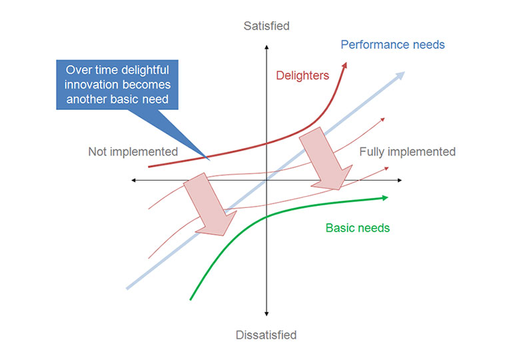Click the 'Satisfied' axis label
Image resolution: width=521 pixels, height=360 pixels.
tap(266, 26)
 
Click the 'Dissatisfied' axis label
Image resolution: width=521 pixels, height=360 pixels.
tap(266, 335)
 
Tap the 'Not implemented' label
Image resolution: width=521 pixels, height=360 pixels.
tap(133, 151)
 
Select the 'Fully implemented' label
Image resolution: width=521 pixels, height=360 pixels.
tap(407, 151)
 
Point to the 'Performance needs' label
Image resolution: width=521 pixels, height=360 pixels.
tap(392, 45)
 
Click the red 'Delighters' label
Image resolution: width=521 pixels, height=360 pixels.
tap(302, 75)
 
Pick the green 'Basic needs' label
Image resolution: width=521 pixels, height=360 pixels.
tap(358, 228)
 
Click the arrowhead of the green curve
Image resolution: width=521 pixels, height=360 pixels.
tap(386, 198)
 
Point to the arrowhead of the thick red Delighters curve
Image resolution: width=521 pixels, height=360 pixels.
tap(344, 65)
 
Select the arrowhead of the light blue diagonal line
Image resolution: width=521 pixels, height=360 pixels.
tap(400, 75)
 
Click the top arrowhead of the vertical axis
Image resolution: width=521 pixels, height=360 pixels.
tap(266, 47)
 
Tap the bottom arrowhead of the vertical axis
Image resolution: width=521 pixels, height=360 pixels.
tap(266, 313)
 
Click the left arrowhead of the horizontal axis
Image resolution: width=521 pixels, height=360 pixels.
tap(133, 180)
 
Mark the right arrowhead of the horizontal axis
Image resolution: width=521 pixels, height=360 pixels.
tap(400, 180)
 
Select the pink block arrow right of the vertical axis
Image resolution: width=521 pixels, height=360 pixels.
tap(326, 160)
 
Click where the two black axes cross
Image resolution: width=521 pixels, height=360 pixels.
tap(266, 180)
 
